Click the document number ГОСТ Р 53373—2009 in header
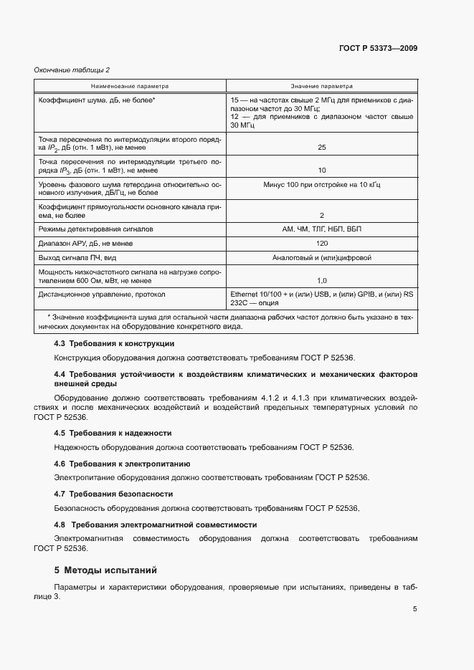pyautogui.click(x=378, y=49)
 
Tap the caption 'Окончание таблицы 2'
pyautogui.click(x=72, y=70)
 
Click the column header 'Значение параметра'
pyautogui.click(x=321, y=85)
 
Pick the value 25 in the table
pyautogui.click(x=321, y=147)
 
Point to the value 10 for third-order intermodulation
pyautogui.click(x=321, y=171)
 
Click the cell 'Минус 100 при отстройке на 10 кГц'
pyautogui.click(x=321, y=184)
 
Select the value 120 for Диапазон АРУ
pyautogui.click(x=321, y=244)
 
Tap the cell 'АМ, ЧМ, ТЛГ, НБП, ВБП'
pyautogui.click(x=321, y=229)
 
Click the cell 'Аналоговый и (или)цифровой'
pyautogui.click(x=321, y=257)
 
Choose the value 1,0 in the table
pyautogui.click(x=321, y=281)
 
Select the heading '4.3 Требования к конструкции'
pyautogui.click(x=114, y=344)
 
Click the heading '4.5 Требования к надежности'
pyautogui.click(x=113, y=434)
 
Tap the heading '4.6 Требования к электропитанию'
pyautogui.click(x=122, y=464)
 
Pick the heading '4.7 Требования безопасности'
pyautogui.click(x=113, y=494)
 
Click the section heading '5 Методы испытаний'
pyautogui.click(x=105, y=570)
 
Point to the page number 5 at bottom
pyautogui.click(x=414, y=610)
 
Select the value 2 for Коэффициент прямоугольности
pyautogui.click(x=321, y=215)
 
